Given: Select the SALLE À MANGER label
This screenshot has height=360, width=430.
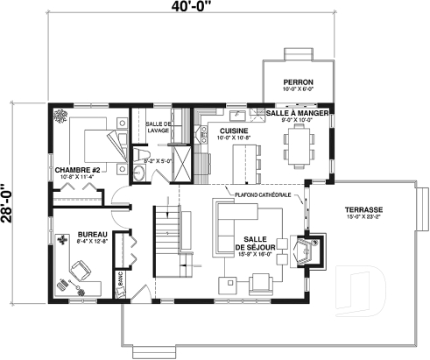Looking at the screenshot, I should (297, 114).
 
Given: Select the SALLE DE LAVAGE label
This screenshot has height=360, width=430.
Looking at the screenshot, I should (159, 128).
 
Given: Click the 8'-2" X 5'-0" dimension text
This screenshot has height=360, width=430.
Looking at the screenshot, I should (158, 161).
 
